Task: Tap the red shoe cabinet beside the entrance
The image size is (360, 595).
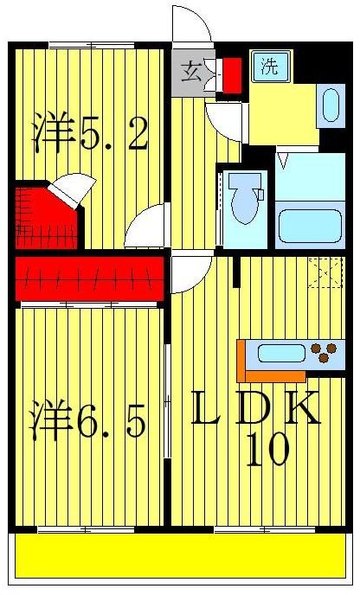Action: click(232, 74)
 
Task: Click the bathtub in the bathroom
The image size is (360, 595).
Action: click(309, 224)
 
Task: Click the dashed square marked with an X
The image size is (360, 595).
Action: click(325, 273)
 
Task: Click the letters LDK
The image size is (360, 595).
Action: click(255, 409)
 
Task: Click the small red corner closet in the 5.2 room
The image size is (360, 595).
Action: click(43, 216)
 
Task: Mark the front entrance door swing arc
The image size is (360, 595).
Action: click(192, 24)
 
